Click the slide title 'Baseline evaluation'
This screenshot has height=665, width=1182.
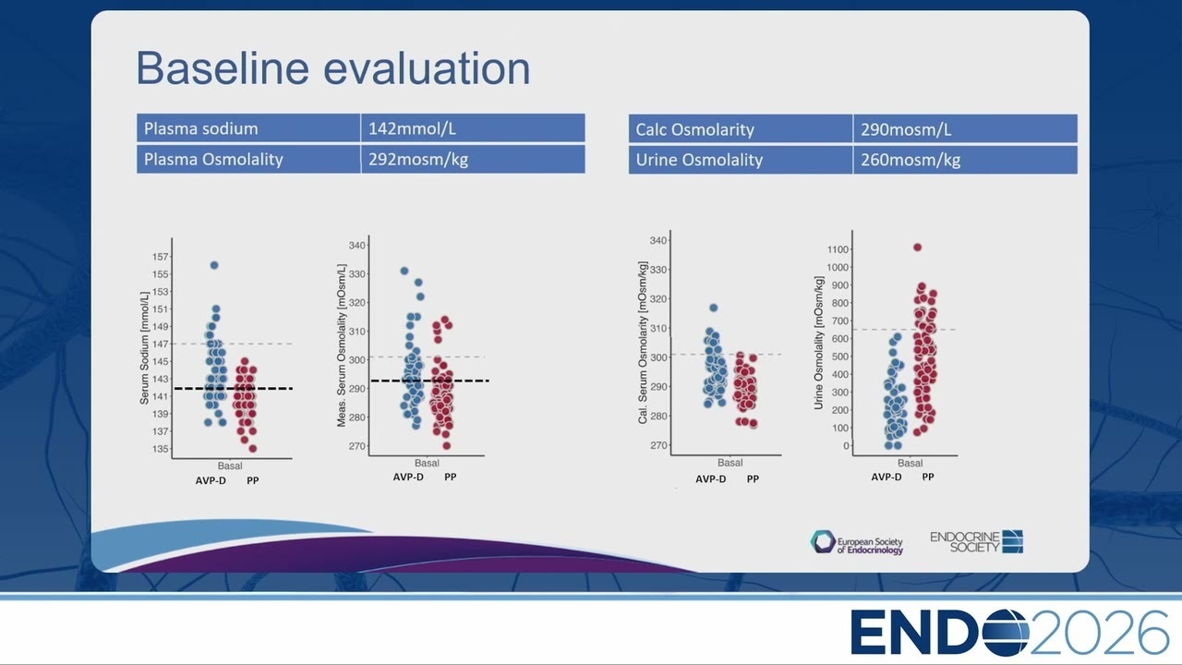click(x=333, y=68)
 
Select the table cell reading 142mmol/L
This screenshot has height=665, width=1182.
click(x=473, y=128)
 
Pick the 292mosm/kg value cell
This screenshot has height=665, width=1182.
click(x=473, y=160)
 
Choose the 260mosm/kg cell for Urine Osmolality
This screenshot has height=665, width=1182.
click(x=965, y=160)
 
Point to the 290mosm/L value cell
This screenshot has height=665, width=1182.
click(x=965, y=128)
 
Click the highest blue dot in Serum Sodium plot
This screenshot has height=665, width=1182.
click(x=214, y=265)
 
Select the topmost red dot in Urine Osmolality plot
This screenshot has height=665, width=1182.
click(x=918, y=248)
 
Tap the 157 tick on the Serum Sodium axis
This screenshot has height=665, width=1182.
click(x=161, y=257)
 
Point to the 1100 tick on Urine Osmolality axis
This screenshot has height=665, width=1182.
click(x=838, y=249)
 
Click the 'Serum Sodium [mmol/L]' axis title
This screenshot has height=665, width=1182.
click(x=144, y=348)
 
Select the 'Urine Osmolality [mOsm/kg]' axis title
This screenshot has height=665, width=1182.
click(x=818, y=343)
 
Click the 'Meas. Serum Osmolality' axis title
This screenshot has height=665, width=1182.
click(x=342, y=345)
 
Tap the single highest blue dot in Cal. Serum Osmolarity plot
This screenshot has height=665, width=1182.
click(x=714, y=308)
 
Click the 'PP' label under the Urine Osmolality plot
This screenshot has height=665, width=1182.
click(x=928, y=478)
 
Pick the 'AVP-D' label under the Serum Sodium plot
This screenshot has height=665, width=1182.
click(x=211, y=481)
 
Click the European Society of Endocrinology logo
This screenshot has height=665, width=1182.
click(x=857, y=542)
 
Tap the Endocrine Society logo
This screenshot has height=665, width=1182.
click(x=977, y=542)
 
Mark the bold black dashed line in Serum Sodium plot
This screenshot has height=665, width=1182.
click(x=234, y=389)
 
